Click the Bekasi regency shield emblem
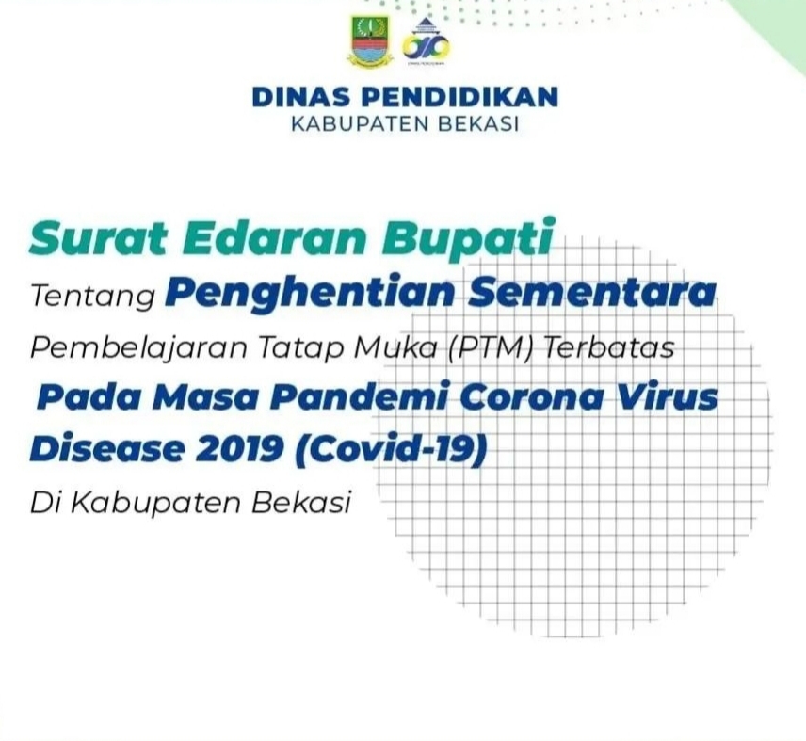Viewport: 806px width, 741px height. tap(370, 40)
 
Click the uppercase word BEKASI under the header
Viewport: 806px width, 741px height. tap(478, 125)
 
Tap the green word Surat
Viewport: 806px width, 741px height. tap(98, 239)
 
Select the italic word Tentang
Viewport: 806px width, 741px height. tap(93, 297)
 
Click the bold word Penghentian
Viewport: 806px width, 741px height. tap(310, 294)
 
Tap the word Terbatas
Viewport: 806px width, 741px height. tap(609, 347)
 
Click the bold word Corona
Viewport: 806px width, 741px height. tap(531, 397)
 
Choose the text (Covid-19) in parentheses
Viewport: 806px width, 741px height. tap(391, 448)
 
